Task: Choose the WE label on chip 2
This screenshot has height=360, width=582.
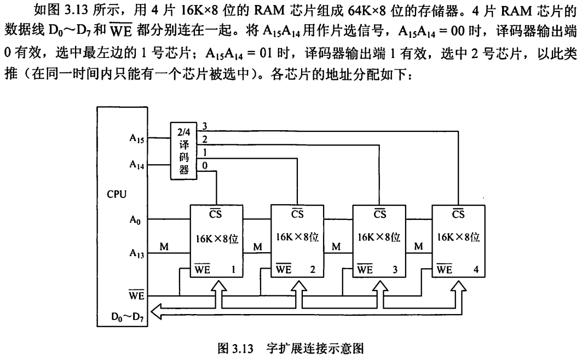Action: (283, 269)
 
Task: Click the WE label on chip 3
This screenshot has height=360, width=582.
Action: (365, 269)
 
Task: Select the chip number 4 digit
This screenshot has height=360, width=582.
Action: (475, 269)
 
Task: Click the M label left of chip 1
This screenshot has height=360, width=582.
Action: (164, 247)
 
